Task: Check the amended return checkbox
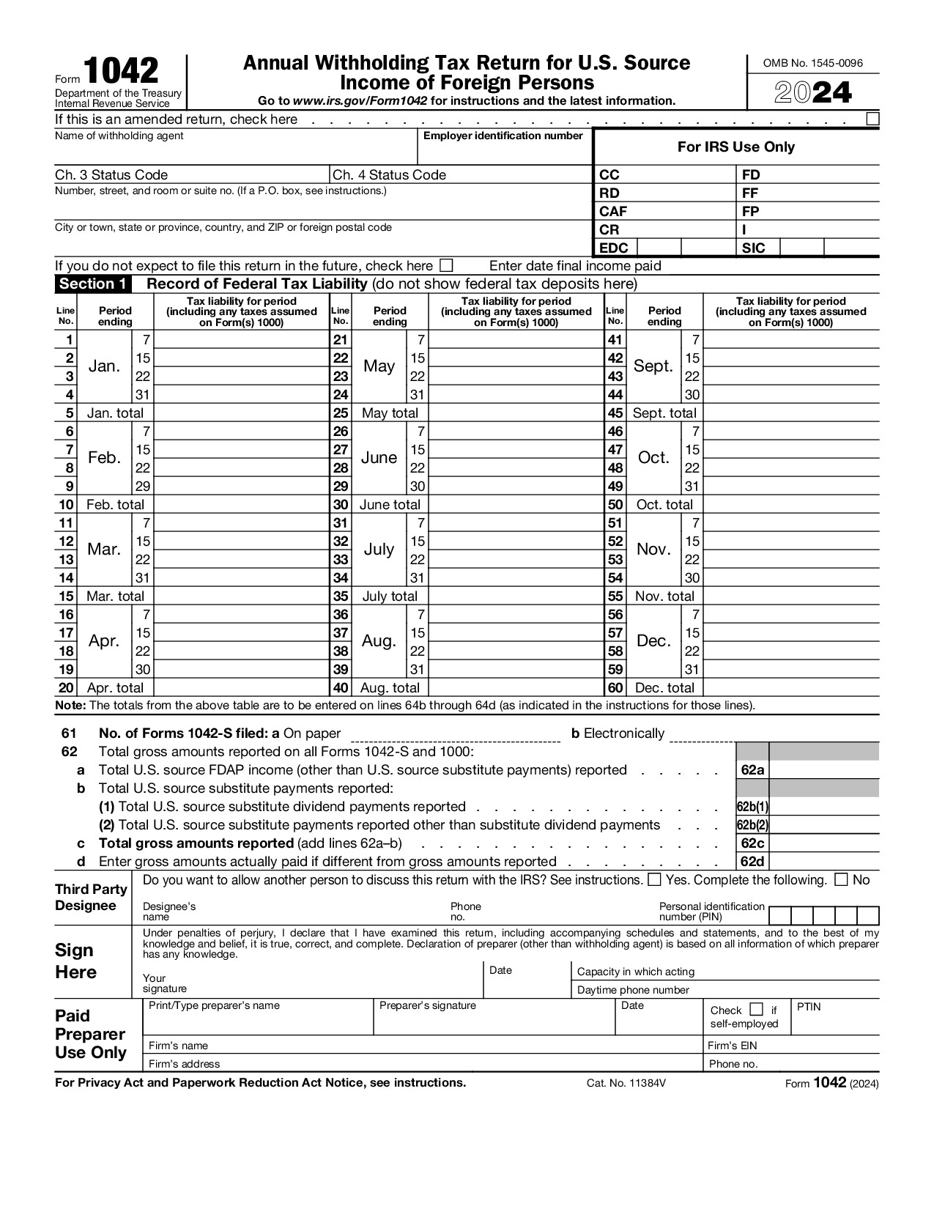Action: [872, 119]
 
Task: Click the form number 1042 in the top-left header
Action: [121, 72]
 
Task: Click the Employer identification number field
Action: [504, 152]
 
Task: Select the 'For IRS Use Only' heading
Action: [735, 147]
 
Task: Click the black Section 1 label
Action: [92, 284]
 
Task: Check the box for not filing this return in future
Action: [446, 265]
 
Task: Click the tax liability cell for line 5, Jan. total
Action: [242, 413]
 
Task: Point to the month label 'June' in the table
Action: [379, 458]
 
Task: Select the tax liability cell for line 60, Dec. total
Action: [791, 688]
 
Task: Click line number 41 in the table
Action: [615, 340]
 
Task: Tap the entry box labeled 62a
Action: [824, 770]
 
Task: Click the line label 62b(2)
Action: [752, 825]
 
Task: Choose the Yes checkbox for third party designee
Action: [655, 879]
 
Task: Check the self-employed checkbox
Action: [757, 1010]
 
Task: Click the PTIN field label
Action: [809, 1007]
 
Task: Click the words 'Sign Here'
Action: [75, 961]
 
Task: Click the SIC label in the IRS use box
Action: [753, 248]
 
